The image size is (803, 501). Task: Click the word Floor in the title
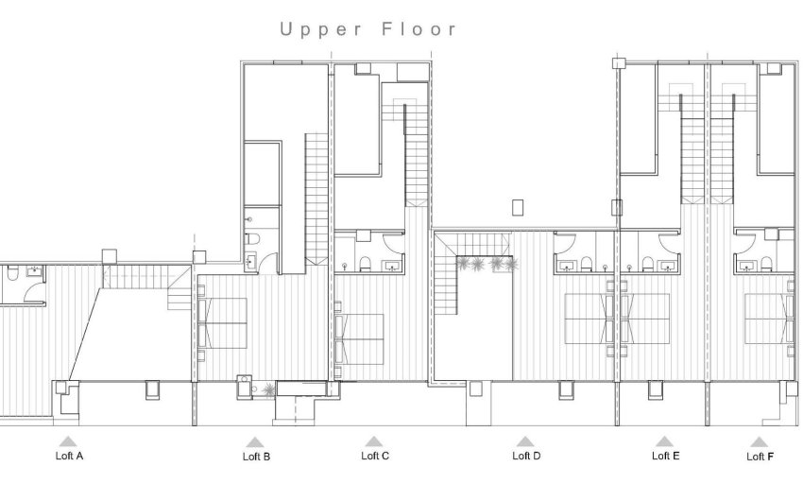click(x=419, y=29)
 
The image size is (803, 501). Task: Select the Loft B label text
click(x=256, y=457)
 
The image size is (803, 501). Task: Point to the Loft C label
click(x=375, y=456)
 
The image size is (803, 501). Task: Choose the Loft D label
click(x=526, y=456)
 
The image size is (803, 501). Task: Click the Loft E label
click(x=665, y=456)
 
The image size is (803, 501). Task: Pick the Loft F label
click(x=760, y=457)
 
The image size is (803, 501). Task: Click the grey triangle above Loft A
click(x=67, y=441)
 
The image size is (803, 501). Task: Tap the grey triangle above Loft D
click(x=524, y=441)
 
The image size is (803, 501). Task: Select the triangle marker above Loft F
click(x=759, y=441)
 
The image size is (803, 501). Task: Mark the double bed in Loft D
click(x=590, y=319)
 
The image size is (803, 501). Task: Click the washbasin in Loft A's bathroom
click(x=35, y=271)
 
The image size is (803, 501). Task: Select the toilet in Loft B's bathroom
click(x=251, y=239)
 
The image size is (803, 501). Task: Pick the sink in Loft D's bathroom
click(x=565, y=264)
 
